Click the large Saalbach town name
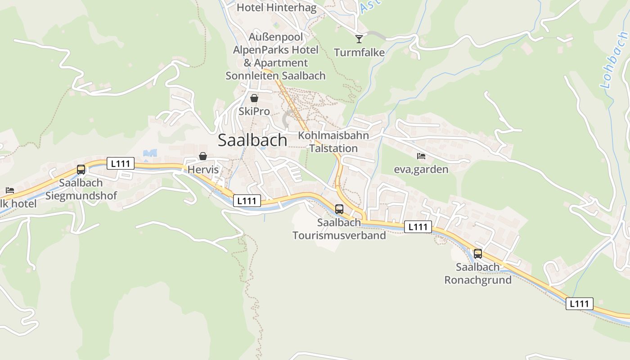click(x=252, y=140)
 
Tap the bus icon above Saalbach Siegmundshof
click(x=81, y=170)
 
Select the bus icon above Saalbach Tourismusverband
click(x=339, y=209)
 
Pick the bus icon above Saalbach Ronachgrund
click(x=478, y=253)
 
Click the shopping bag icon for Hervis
click(x=203, y=156)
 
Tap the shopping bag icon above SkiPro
click(x=254, y=98)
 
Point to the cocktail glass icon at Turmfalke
click(x=359, y=39)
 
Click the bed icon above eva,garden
click(x=421, y=156)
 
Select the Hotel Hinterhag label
click(x=277, y=8)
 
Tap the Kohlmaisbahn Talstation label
click(x=333, y=142)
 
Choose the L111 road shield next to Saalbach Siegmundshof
click(x=121, y=163)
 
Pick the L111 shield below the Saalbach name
click(x=247, y=201)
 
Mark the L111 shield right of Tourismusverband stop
click(x=418, y=227)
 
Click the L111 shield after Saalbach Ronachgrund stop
click(x=579, y=304)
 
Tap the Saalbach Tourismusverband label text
click(x=339, y=229)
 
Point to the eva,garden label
click(x=421, y=170)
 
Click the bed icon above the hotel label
click(x=10, y=190)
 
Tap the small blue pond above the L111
click(x=150, y=153)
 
